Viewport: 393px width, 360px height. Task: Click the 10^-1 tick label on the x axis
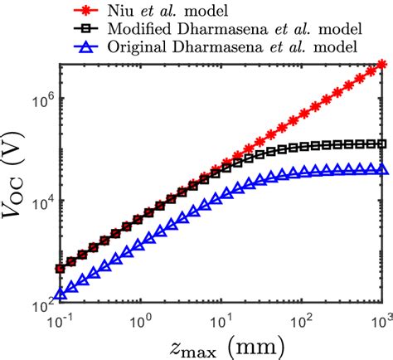pos(61,320)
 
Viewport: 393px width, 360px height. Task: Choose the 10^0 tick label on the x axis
pos(141,320)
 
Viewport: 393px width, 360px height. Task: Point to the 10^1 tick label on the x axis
pos(221,320)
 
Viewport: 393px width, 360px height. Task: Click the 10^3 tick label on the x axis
pos(381,320)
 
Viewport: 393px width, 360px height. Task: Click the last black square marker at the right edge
pos(381,144)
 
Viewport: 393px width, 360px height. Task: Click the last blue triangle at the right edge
pos(381,169)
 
